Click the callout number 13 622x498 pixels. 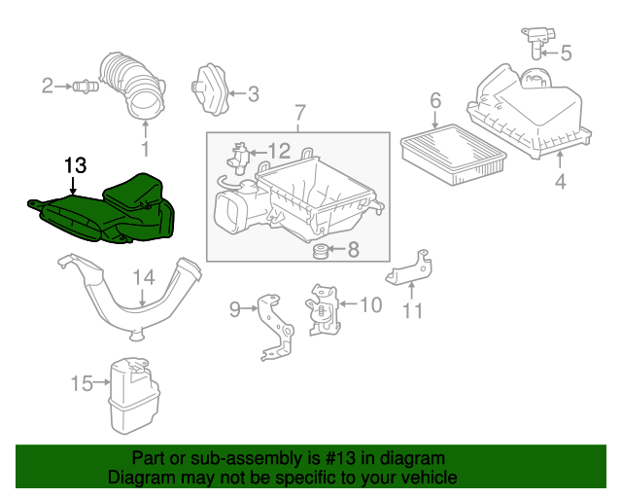point(75,164)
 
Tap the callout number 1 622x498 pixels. point(146,150)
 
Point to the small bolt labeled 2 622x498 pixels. point(83,88)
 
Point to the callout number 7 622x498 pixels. point(299,114)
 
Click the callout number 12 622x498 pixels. point(279,151)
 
